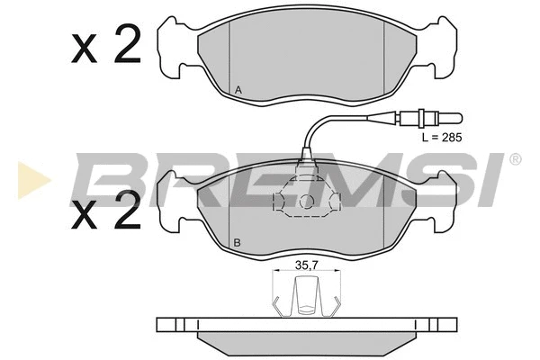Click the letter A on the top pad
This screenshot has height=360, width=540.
pos(238,91)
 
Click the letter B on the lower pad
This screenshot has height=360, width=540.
pos(237,243)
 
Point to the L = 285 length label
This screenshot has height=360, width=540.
pos(442,138)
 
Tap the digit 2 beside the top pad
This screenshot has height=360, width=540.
pos(127,44)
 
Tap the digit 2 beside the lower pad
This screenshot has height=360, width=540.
pos(127,210)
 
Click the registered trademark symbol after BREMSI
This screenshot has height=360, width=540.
pos(515,159)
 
